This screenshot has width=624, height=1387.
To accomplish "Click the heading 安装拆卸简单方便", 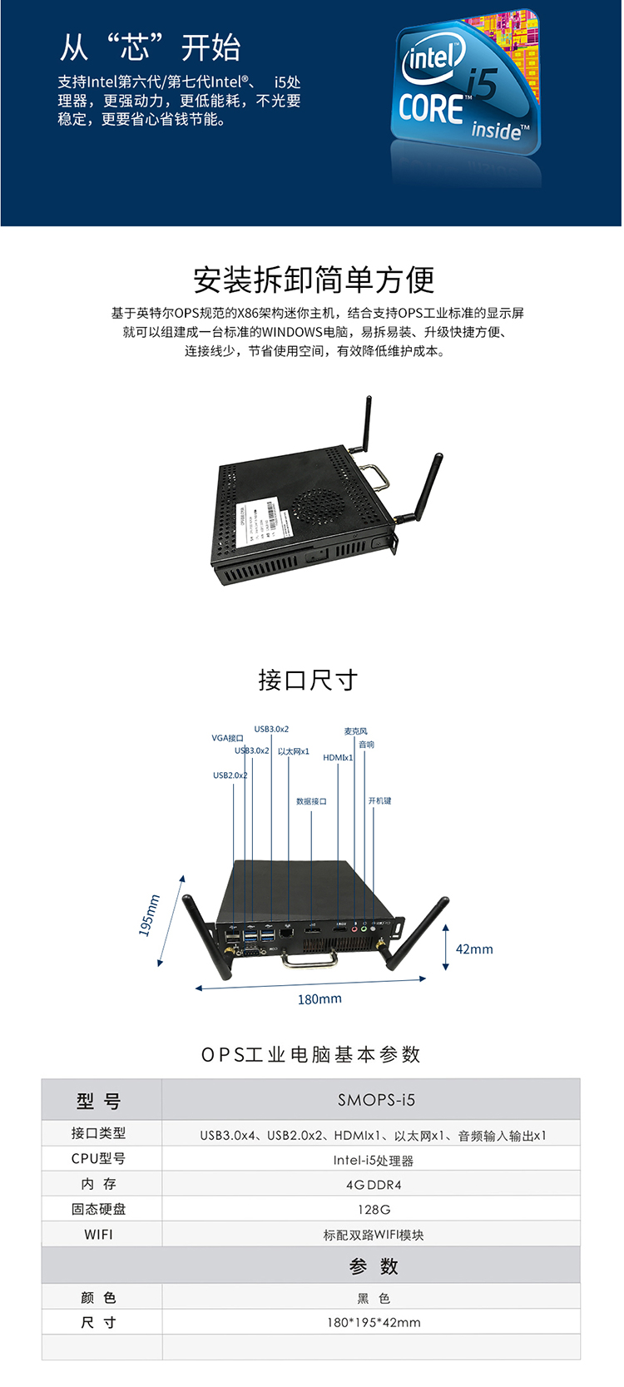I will click(x=314, y=280).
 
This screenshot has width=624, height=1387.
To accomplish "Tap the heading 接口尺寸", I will click(x=308, y=680).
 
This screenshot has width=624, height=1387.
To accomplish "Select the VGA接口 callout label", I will click(x=227, y=738).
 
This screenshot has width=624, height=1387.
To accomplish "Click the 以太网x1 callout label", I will click(x=293, y=751).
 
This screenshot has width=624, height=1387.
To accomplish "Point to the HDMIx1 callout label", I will click(x=338, y=758).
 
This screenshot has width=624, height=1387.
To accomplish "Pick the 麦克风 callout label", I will click(x=356, y=731).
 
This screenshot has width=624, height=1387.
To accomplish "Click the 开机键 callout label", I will click(x=379, y=800).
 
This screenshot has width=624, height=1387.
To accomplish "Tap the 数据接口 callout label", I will click(x=311, y=801).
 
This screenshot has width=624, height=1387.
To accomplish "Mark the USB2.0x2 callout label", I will click(x=230, y=775).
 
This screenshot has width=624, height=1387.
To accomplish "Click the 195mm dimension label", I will click(x=149, y=915).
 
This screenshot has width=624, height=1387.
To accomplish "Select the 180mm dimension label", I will click(x=319, y=999).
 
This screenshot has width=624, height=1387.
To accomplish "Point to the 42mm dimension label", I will click(x=474, y=949).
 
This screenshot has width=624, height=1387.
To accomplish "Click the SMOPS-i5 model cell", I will click(x=376, y=1100).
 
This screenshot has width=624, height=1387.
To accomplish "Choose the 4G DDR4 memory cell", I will click(x=374, y=1185).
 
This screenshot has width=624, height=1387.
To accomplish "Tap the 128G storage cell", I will click(x=374, y=1209).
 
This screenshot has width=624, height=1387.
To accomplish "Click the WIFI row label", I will click(x=98, y=1235).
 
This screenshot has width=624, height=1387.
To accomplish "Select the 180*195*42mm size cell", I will click(x=374, y=1322).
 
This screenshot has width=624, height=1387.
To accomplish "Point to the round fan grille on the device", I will click(x=319, y=505).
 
